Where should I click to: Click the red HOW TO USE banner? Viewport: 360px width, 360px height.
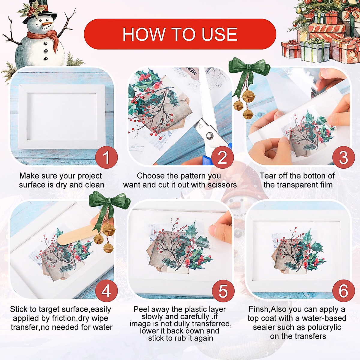click(x=180, y=34)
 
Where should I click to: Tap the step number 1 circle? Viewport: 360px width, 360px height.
click(x=106, y=157)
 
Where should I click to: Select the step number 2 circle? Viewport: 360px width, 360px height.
click(x=223, y=157)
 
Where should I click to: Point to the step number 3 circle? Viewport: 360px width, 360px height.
click(x=343, y=157)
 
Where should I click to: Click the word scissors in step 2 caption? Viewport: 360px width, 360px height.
click(x=222, y=185)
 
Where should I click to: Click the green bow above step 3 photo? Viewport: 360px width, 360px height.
click(x=249, y=73)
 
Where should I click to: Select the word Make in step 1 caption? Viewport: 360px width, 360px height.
click(x=28, y=176)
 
